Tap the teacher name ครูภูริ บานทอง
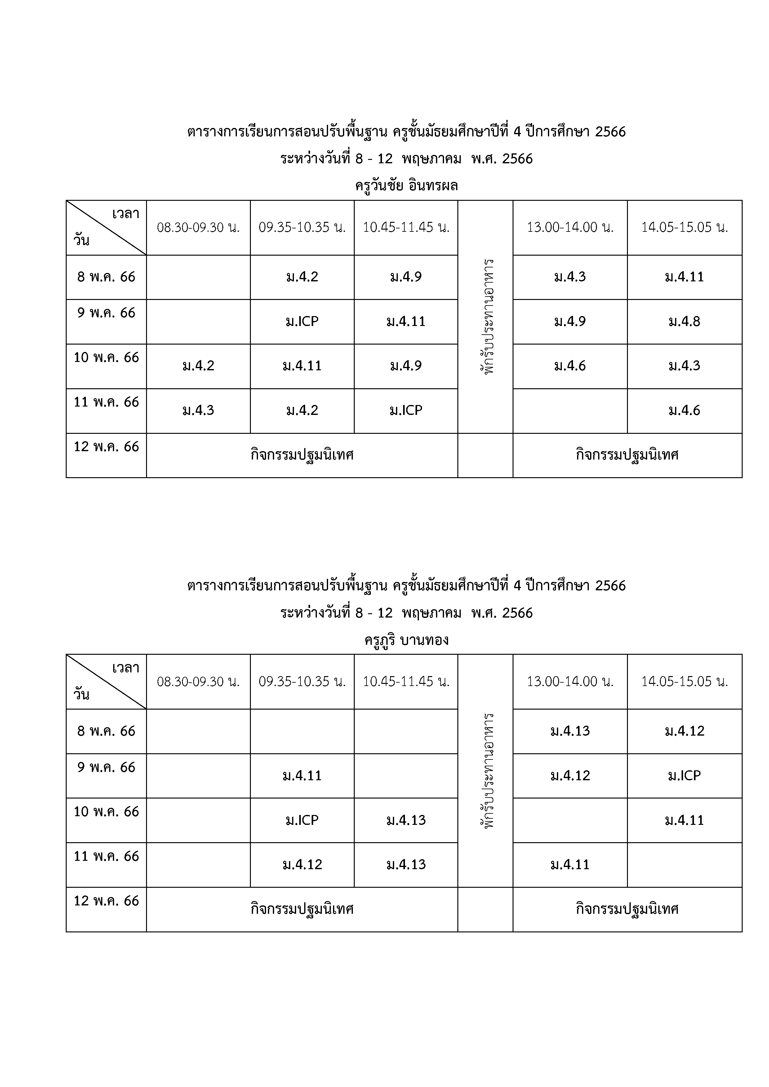pos(406,640)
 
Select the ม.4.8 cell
pos(684,321)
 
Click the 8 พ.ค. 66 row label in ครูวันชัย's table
pos(106,277)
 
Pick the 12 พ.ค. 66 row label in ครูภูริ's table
pos(106,900)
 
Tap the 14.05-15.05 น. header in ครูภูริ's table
pos(684,682)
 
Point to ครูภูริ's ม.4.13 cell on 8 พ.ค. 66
pos(570,731)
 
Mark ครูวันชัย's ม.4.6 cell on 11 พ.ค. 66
pos(684,411)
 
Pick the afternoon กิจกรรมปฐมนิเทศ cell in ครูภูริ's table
pos(627,909)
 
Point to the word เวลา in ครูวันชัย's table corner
pos(126,214)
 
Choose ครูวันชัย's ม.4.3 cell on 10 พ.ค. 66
pos(684,366)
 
